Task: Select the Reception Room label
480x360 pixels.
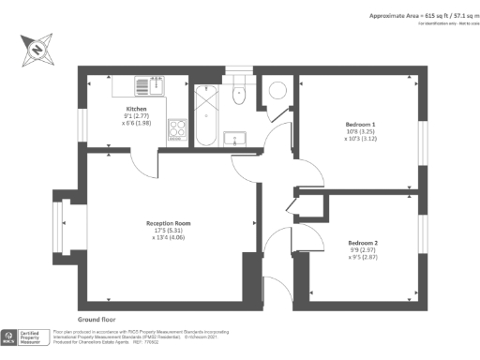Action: (169, 223)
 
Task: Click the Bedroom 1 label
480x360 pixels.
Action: (360, 125)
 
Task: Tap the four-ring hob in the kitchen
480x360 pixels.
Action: (176, 130)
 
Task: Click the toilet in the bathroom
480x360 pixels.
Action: (240, 89)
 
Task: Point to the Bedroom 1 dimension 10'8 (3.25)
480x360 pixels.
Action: (360, 132)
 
